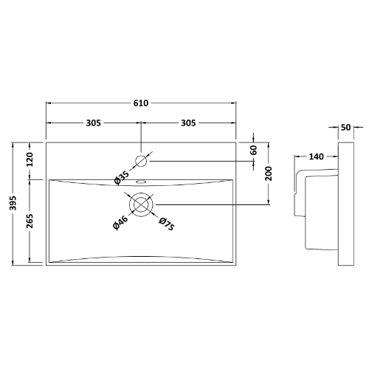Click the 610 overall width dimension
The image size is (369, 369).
[x=141, y=103]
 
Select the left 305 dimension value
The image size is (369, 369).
[x=94, y=123]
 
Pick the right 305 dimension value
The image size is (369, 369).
[x=188, y=123]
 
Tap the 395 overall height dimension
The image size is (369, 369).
[x=13, y=203]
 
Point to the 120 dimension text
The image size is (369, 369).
[x=30, y=159]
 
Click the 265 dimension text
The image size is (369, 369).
[x=30, y=221]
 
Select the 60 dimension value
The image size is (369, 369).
[x=254, y=150]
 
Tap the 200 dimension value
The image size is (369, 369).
[x=269, y=173]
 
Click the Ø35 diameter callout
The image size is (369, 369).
[x=122, y=178]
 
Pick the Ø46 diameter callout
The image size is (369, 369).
[x=120, y=222]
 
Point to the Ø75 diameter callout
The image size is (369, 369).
[x=167, y=224]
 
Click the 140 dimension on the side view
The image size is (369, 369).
[x=316, y=156]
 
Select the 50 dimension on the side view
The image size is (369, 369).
[x=345, y=127]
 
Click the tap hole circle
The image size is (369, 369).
[x=141, y=161]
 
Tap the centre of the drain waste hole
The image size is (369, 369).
[x=141, y=204]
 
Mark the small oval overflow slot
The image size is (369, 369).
[x=141, y=182]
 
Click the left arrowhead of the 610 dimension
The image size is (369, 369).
[x=49, y=103]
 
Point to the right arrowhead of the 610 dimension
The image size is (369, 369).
[x=234, y=103]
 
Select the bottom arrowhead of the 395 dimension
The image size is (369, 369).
[x=13, y=263]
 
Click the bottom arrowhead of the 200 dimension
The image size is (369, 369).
[x=269, y=202]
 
